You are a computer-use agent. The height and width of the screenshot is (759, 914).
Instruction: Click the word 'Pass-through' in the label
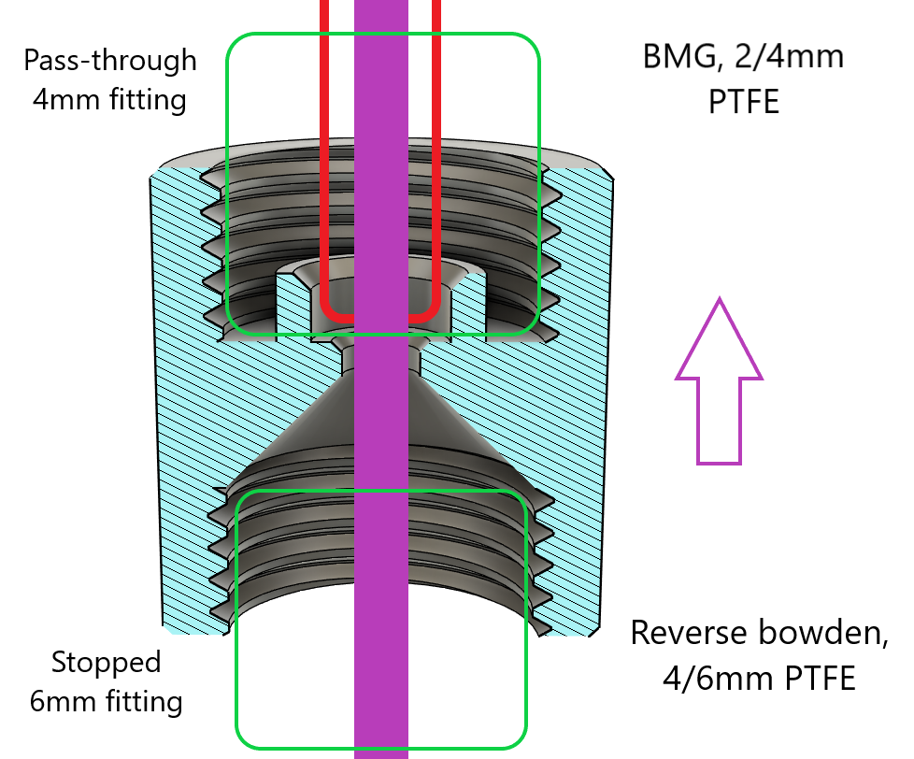click(109, 61)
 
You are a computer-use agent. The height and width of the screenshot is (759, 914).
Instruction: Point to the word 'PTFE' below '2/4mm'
click(744, 97)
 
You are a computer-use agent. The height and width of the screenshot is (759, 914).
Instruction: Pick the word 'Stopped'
click(106, 663)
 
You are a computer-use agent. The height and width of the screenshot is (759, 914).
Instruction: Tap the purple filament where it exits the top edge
click(381, 6)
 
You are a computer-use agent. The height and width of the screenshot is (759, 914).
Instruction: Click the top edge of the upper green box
click(383, 36)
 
